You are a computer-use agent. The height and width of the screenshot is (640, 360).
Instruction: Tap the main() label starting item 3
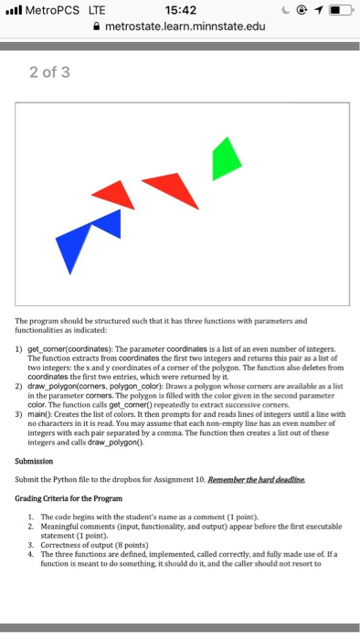(x=37, y=414)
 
